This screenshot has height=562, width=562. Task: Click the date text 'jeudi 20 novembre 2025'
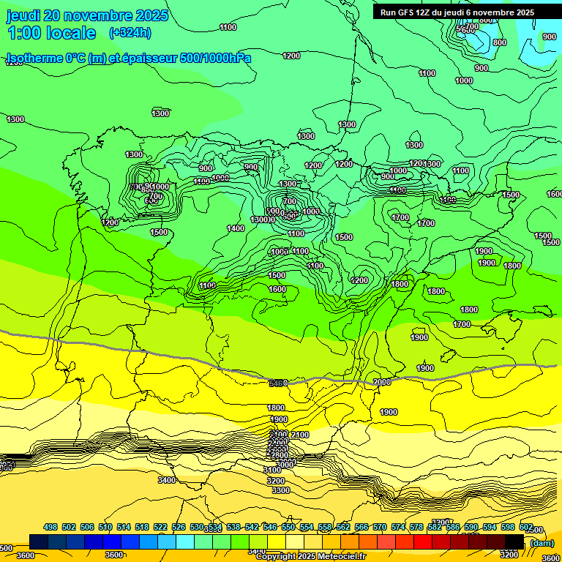pos(87,15)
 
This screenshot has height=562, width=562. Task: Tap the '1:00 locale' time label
pos(52,33)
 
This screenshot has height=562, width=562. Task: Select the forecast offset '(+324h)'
pos(130,33)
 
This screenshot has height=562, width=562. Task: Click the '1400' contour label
pos(236,228)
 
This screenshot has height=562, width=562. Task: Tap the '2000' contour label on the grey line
pos(382,382)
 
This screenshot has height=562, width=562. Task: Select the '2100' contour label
pos(300,435)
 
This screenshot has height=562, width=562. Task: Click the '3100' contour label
pos(272,470)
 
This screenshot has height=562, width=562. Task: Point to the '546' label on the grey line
pos(277,383)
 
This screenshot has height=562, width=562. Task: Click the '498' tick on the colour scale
pos(50,527)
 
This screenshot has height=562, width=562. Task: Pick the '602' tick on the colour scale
pos(525,527)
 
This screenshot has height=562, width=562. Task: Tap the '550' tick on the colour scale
pos(288,527)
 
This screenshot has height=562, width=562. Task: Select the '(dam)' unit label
pos(542,542)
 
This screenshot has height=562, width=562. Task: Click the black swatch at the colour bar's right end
pos(514,541)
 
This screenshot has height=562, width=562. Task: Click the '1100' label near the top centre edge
pos(228,27)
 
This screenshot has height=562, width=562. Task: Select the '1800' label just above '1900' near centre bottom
pos(276,408)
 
